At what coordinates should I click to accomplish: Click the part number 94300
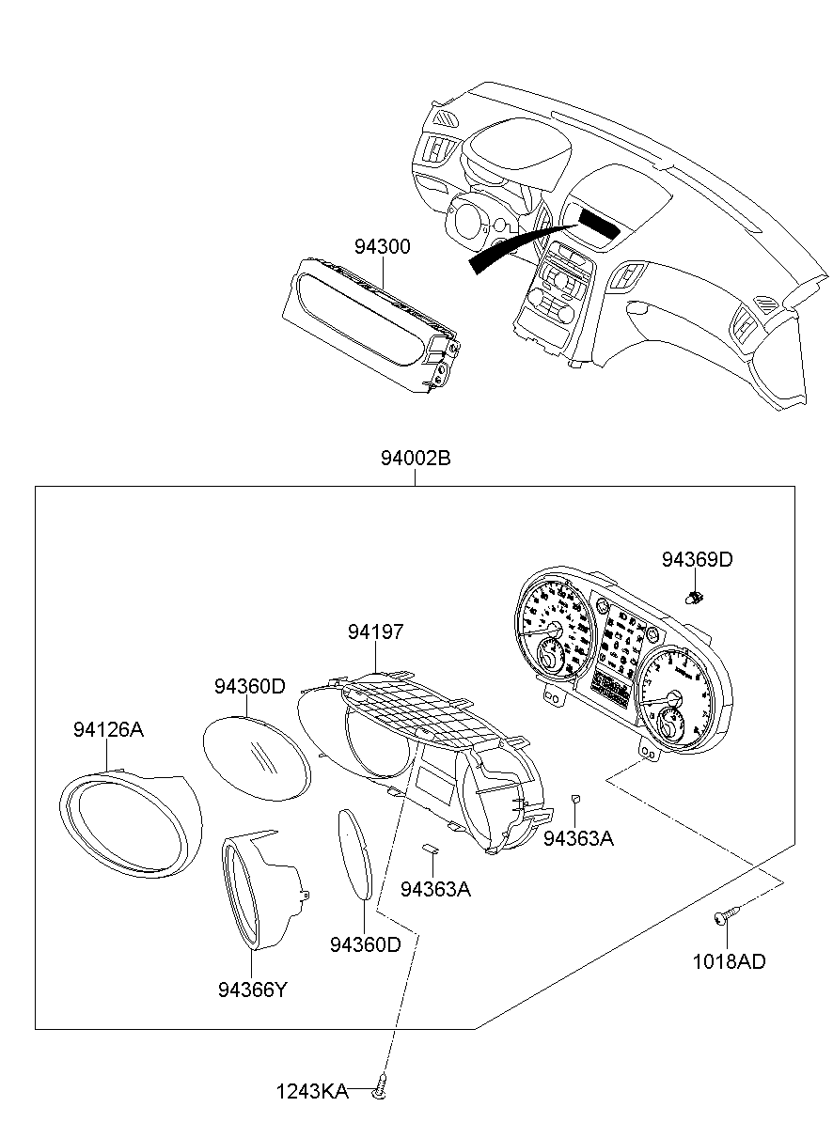point(382,247)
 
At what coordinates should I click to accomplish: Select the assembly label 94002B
point(416,459)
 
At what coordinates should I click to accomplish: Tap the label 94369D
point(697,560)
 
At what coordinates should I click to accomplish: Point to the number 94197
point(375,632)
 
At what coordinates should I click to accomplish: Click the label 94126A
point(108,729)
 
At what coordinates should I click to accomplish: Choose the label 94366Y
point(251,989)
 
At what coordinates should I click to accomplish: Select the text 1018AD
point(729,961)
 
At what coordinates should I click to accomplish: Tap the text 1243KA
point(311,1092)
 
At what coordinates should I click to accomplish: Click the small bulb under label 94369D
point(697,596)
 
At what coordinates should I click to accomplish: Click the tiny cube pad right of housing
point(576,799)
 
